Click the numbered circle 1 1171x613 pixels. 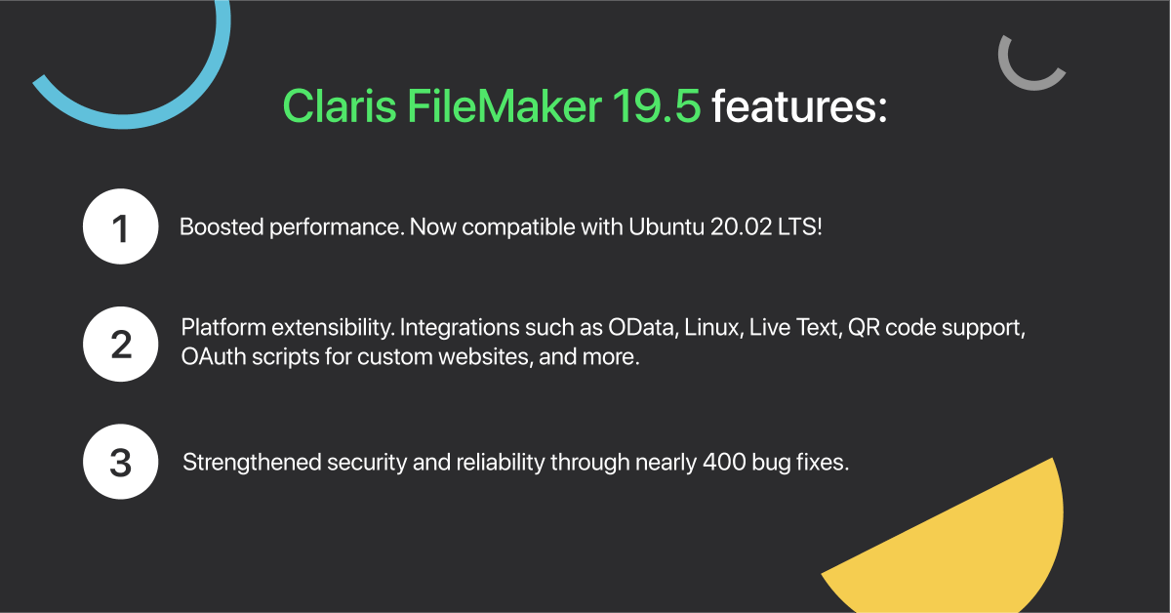pos(120,227)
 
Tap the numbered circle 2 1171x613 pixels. pos(120,344)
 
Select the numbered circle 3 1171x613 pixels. pos(120,462)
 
